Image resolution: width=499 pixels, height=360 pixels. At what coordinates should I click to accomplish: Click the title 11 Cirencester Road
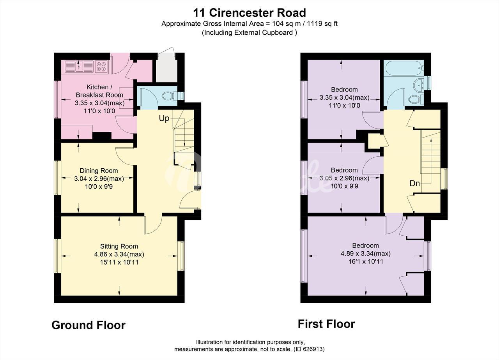[249, 13]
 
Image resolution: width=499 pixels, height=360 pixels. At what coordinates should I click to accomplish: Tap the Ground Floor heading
[88, 325]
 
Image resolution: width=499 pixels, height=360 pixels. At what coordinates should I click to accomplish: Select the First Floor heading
[326, 324]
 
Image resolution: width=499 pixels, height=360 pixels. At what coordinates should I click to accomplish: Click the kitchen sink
[79, 67]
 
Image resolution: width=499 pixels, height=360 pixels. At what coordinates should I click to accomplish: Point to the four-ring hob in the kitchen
[101, 67]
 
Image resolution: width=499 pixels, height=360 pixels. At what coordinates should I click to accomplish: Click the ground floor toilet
[171, 96]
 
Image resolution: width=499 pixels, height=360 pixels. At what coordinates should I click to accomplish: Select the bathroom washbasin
[419, 85]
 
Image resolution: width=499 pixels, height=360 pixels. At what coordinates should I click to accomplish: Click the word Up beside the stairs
[164, 118]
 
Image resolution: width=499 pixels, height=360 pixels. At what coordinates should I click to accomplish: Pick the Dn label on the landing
[414, 184]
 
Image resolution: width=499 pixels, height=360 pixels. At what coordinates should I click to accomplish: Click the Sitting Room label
[119, 246]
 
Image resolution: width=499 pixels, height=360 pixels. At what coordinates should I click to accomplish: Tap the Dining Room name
[99, 171]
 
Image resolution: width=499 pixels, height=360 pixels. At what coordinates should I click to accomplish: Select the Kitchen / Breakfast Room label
[99, 91]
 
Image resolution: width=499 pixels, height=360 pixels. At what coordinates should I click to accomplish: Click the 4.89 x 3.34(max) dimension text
[365, 253]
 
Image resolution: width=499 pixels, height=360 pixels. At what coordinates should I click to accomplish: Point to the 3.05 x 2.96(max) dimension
[344, 178]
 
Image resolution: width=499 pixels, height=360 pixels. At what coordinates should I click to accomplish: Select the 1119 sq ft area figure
[322, 24]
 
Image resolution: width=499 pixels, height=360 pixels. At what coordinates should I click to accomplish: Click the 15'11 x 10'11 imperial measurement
[119, 262]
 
